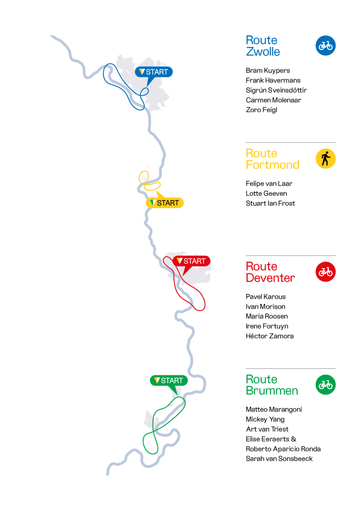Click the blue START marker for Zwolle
click(x=154, y=72)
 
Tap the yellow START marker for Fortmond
click(x=165, y=203)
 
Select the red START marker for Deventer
click(x=192, y=261)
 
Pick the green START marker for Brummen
click(x=169, y=380)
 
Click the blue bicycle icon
click(x=326, y=45)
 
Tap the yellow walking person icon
click(x=326, y=159)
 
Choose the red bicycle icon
click(x=326, y=272)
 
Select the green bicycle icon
click(x=326, y=385)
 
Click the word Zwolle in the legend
click(x=263, y=52)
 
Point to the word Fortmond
click(x=272, y=165)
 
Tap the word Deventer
click(x=270, y=278)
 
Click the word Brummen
click(x=272, y=391)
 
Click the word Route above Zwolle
click(x=261, y=40)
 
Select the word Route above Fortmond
click(x=261, y=153)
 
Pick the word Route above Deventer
click(x=261, y=266)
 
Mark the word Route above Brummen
click(x=261, y=379)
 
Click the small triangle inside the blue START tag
click(x=142, y=71)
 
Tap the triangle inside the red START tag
click(x=180, y=260)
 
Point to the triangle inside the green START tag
click(x=157, y=380)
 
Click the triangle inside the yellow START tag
click(x=153, y=203)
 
